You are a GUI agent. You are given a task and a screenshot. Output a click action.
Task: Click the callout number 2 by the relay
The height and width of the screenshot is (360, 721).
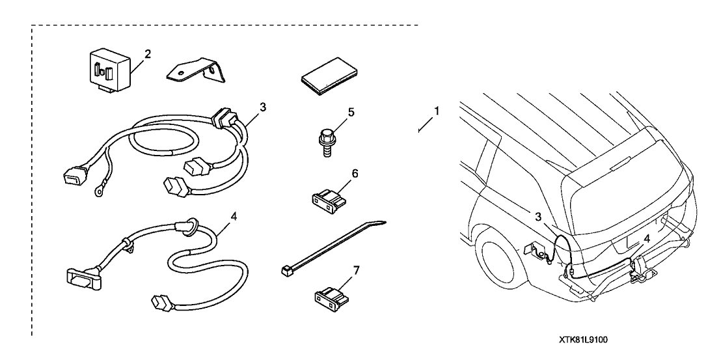point(148,53)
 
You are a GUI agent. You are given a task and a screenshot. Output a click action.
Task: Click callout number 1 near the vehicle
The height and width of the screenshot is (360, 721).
point(436,111)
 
